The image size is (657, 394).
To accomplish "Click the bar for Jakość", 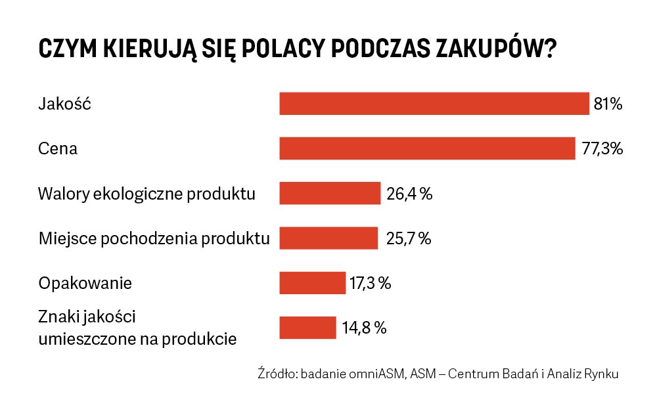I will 434,104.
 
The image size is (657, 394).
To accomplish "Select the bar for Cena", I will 427,148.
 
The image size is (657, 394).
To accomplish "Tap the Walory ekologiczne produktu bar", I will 330,194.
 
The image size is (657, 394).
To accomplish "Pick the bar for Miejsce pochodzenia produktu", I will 328,238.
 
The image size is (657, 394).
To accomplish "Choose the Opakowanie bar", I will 312,283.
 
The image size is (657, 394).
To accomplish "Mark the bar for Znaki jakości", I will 307,328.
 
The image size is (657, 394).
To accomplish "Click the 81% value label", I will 608,104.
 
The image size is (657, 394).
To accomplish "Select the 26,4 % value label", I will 409,194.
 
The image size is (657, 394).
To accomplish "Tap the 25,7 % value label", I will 408,238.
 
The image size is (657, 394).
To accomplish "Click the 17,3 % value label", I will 371,283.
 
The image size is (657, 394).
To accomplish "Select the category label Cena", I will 58,148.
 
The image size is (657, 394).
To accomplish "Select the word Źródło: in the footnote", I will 278,374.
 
